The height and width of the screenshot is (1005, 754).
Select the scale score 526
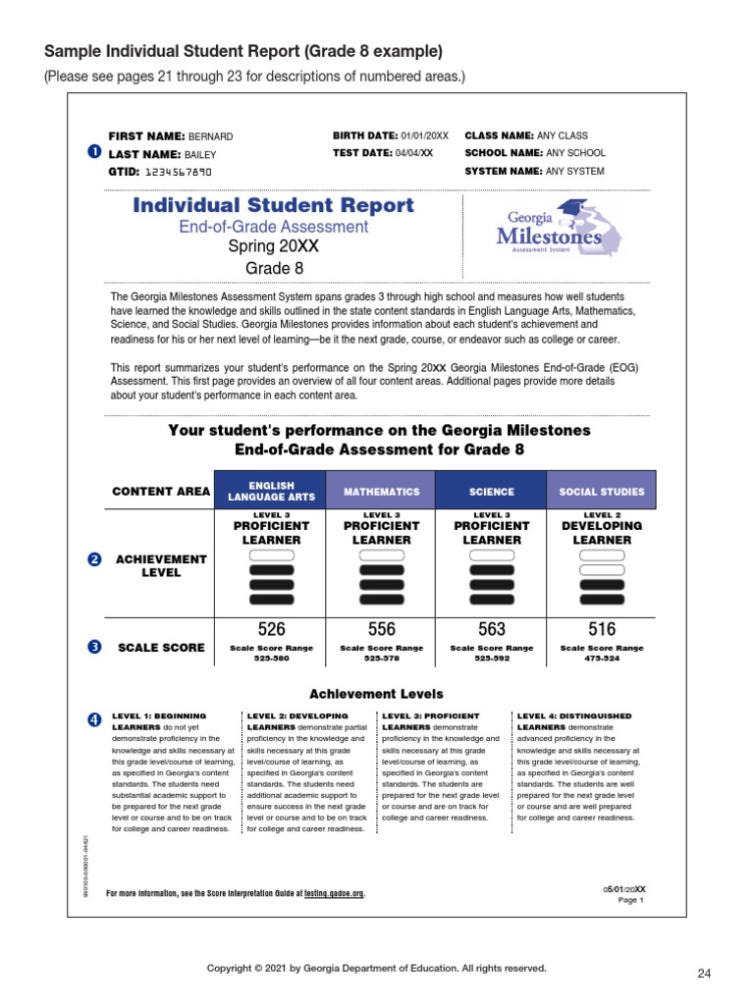point(271,629)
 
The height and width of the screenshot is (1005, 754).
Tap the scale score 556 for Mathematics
point(381,629)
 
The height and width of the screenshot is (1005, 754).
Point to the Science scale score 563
point(491,629)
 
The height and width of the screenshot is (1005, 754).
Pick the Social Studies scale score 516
point(602,629)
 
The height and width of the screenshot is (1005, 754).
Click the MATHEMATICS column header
point(381,492)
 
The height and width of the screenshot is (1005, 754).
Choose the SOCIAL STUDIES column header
point(602,492)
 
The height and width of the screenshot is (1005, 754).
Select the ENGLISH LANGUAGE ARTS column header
point(271,491)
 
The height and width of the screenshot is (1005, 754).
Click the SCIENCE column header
point(491,492)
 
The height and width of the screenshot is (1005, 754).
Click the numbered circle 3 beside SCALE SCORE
point(94,647)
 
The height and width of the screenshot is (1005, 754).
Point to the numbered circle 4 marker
point(94,720)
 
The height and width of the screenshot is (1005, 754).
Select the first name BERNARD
point(211,136)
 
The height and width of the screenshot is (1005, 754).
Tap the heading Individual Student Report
point(273,206)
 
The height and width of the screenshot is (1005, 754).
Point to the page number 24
point(703,974)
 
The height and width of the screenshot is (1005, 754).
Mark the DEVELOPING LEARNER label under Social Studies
point(602,533)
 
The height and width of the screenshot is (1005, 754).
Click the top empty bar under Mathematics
point(381,555)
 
